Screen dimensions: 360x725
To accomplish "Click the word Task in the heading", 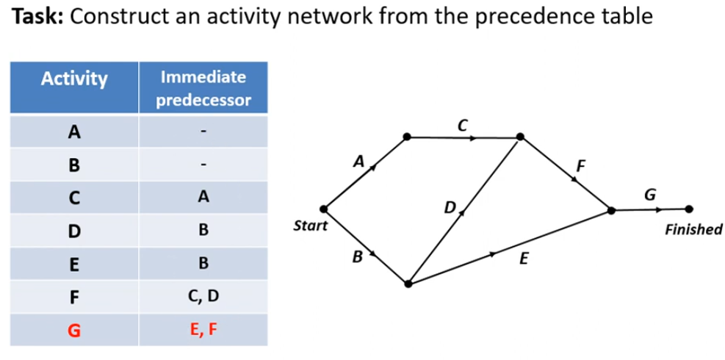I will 37,17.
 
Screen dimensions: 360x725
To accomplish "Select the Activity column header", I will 73,79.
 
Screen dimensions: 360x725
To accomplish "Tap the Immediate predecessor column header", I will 203,87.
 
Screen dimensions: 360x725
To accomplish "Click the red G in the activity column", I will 73,329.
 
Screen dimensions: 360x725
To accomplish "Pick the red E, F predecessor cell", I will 203,329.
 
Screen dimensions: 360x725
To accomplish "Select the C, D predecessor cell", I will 203,296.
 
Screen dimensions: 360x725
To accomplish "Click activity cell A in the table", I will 73,132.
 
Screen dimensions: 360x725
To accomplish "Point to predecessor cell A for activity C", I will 203,197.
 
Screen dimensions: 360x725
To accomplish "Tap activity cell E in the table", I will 73,263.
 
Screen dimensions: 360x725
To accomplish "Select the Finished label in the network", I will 693,231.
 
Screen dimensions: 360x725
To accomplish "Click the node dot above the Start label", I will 323,209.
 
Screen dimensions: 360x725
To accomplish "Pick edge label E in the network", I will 524,259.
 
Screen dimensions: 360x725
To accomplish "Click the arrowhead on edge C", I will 473,137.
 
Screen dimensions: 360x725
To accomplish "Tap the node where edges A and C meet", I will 406,136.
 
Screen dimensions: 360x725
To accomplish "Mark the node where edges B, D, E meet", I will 408,284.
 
